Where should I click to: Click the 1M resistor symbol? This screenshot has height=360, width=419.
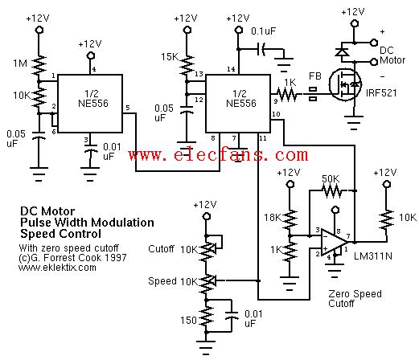(x=39, y=66)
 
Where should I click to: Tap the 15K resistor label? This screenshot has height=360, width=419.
(x=170, y=57)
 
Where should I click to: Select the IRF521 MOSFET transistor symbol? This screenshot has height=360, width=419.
(x=345, y=84)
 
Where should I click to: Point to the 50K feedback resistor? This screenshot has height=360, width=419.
(x=332, y=191)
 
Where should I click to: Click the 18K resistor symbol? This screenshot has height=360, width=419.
(x=290, y=219)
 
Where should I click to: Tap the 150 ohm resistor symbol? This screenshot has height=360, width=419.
(x=206, y=317)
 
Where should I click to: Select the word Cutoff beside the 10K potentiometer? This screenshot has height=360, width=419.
(x=161, y=249)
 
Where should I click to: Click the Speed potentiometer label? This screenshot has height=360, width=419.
(x=162, y=281)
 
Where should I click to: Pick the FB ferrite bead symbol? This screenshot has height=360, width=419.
(x=313, y=94)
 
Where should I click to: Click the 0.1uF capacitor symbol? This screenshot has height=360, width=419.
(x=261, y=49)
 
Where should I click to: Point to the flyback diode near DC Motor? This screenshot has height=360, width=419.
(x=342, y=51)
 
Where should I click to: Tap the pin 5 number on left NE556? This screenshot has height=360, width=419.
(x=128, y=108)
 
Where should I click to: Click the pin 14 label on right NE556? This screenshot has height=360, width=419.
(x=231, y=69)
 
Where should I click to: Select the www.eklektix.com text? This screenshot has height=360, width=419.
(x=57, y=268)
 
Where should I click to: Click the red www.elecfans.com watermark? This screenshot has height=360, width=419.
(x=218, y=154)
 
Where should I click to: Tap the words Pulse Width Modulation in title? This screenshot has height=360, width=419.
(x=87, y=223)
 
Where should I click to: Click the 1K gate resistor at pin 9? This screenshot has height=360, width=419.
(x=286, y=94)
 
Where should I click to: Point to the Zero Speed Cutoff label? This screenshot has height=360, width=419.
(x=355, y=299)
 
